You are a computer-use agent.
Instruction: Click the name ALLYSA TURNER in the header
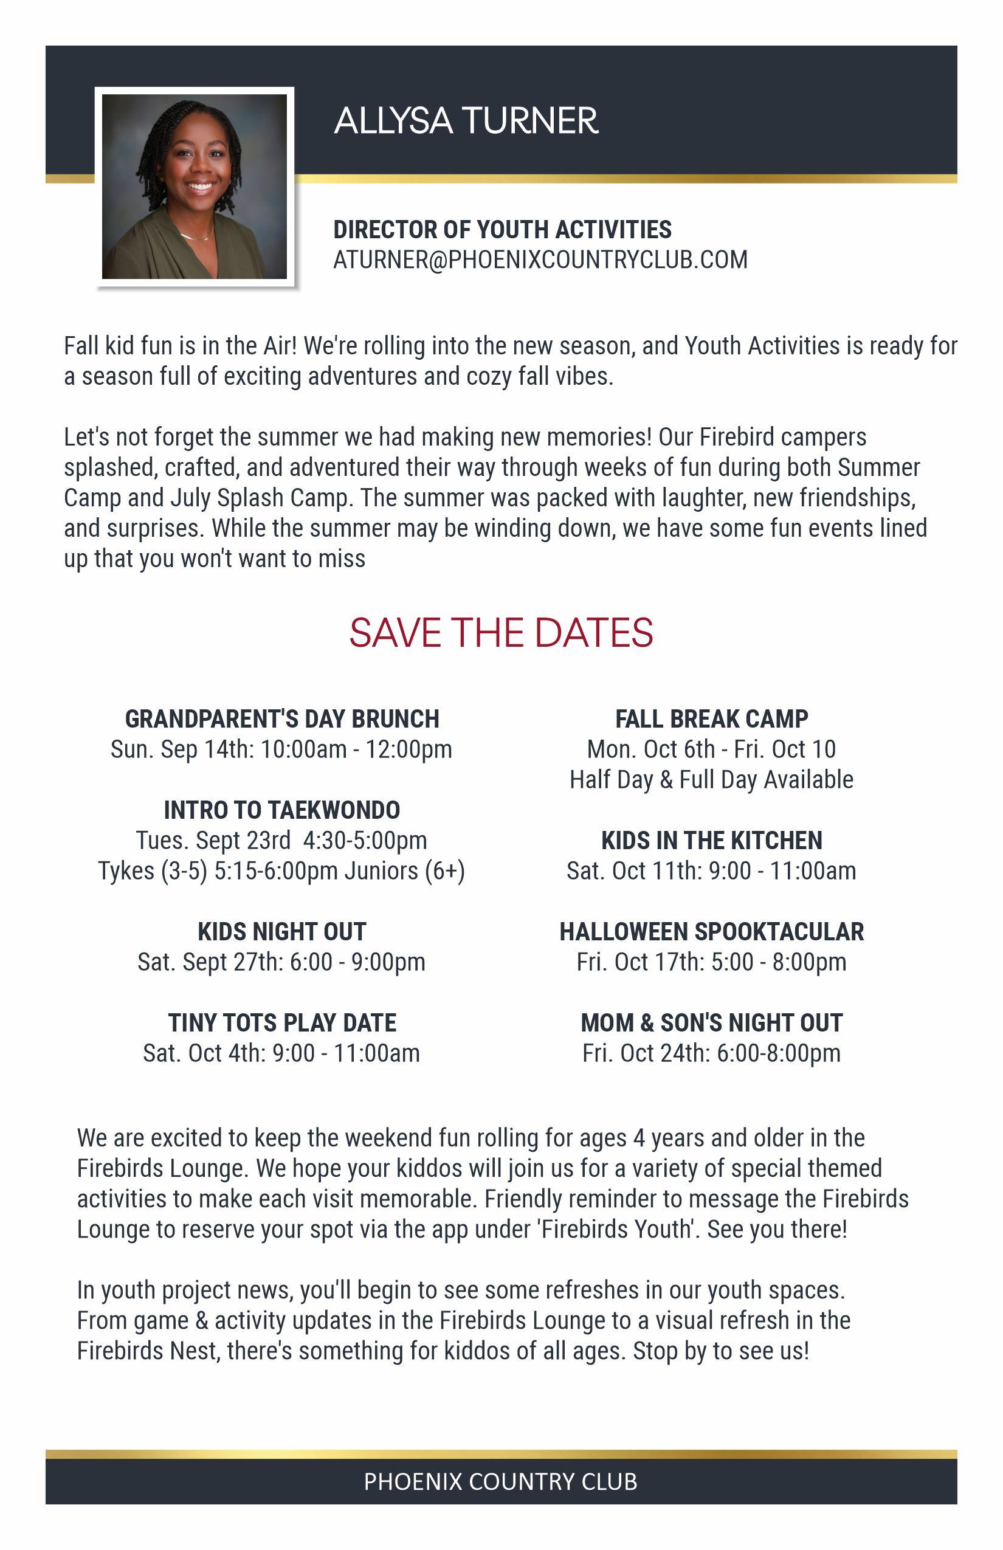[x=466, y=121]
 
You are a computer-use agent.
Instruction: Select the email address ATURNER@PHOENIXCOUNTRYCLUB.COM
[x=540, y=260]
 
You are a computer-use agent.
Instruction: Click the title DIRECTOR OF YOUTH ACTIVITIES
[x=502, y=230]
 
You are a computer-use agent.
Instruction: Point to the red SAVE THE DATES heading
[x=501, y=632]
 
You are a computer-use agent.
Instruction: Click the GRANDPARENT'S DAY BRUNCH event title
[x=282, y=719]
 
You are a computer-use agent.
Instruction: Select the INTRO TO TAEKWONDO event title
[x=282, y=810]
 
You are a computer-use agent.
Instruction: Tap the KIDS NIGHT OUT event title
[x=282, y=932]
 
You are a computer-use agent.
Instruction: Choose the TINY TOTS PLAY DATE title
[x=282, y=1023]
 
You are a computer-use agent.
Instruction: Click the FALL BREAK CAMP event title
[x=711, y=719]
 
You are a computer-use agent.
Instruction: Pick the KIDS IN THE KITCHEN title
[x=711, y=841]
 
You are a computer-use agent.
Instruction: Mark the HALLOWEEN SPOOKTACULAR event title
[x=711, y=932]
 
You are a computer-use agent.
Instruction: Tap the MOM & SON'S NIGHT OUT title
[x=711, y=1023]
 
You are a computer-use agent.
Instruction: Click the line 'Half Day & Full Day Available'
[x=711, y=779]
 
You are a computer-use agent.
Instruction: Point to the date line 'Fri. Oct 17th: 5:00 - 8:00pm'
[x=711, y=962]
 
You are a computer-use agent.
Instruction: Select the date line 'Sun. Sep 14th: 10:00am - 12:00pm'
[x=281, y=749]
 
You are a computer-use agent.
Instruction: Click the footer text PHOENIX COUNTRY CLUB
[x=500, y=1482]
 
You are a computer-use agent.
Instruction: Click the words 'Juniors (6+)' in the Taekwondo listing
[x=404, y=870]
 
